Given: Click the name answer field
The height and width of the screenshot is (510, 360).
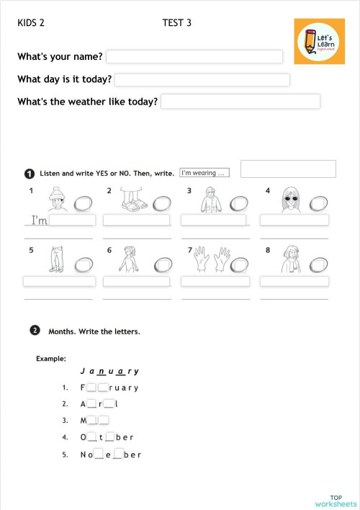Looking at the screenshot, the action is [x=194, y=57].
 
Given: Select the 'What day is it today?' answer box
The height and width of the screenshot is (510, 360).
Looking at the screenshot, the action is [x=202, y=80].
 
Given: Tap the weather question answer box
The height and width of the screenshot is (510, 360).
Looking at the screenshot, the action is [x=240, y=102].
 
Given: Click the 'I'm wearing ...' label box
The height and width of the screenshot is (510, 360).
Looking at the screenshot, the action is [x=204, y=173].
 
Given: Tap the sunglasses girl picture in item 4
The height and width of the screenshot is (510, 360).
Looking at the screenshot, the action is [x=289, y=199].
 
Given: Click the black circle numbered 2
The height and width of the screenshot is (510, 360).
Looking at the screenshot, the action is [x=35, y=331].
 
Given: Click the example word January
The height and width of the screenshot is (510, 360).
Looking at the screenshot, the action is [x=109, y=372].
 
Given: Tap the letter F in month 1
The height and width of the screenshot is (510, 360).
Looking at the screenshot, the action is [x=84, y=388].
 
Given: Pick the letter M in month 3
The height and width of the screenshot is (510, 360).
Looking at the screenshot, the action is [x=84, y=421].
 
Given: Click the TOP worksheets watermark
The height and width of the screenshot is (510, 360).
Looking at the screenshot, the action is [x=336, y=500].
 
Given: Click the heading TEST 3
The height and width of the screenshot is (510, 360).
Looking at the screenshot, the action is [x=177, y=23].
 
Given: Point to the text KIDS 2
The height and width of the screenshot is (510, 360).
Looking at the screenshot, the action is [x=31, y=23].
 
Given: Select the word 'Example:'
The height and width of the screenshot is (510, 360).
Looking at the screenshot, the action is [x=51, y=358].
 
